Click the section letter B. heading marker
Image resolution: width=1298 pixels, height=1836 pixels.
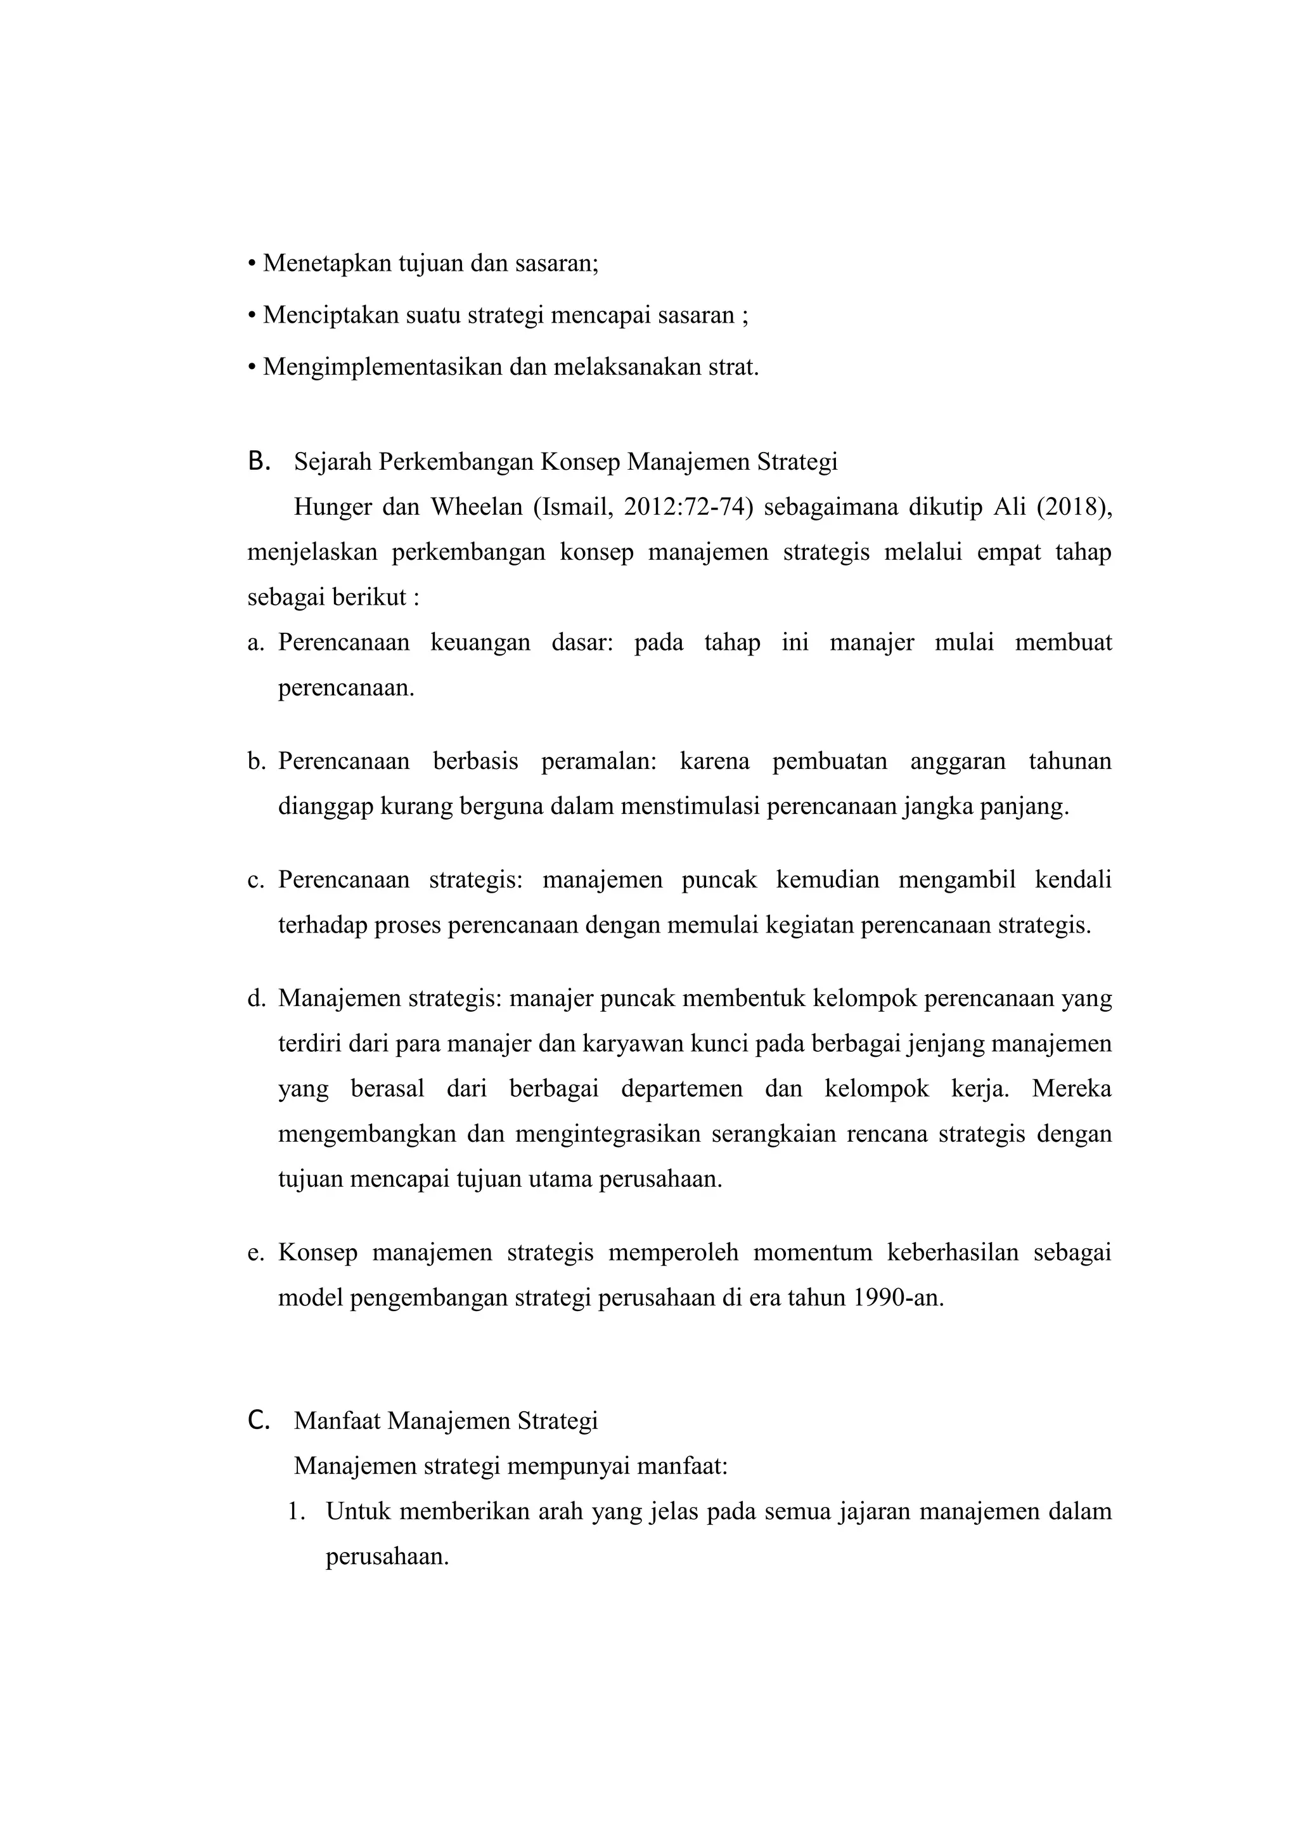[x=258, y=462]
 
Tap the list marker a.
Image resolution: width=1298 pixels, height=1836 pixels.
[x=256, y=643]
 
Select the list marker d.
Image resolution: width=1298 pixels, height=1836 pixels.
[x=256, y=999]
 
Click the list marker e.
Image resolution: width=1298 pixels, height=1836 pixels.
[x=256, y=1252]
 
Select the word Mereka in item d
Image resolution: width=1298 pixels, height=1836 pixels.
[x=1071, y=1089]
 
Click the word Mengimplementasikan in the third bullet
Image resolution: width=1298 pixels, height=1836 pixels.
[x=383, y=367]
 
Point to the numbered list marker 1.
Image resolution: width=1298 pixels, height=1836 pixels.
[x=297, y=1512]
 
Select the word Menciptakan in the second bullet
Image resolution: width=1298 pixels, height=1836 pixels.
[x=331, y=315]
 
